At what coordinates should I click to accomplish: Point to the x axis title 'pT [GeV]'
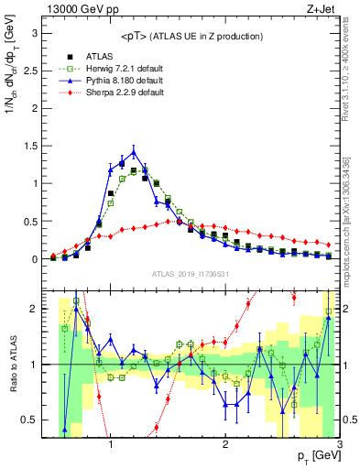pos(311,456)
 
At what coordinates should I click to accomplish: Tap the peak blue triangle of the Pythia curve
pos(134,151)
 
